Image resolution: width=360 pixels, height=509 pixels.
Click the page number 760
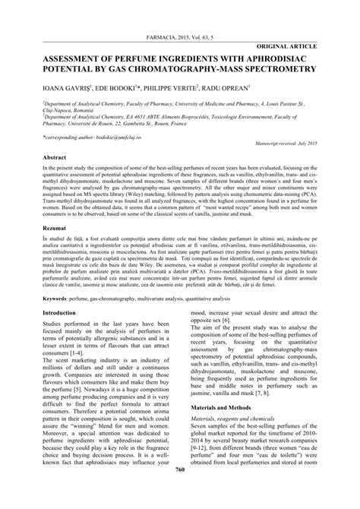click(180, 492)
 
